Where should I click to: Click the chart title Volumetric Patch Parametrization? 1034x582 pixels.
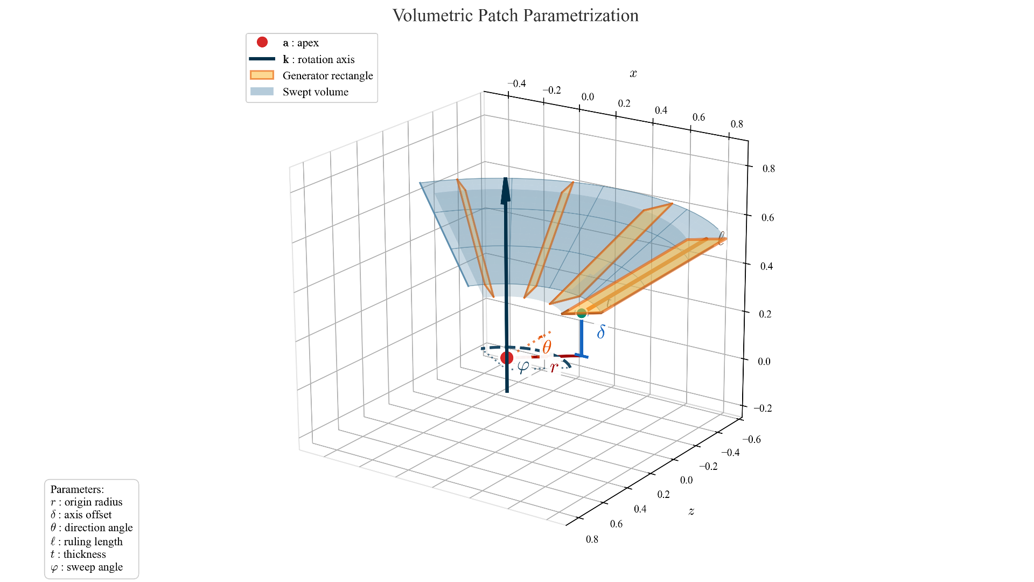coord(515,16)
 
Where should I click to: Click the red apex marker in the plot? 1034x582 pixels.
coord(507,358)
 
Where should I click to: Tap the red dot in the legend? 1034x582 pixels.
coord(262,42)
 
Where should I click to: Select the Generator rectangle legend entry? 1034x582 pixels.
coord(327,75)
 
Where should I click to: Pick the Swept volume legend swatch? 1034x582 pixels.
coord(262,92)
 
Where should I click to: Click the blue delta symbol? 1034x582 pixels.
coord(601,332)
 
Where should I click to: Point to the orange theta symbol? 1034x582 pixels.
coord(547,347)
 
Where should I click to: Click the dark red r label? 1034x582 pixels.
coord(554,369)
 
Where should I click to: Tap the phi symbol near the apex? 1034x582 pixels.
coord(523,366)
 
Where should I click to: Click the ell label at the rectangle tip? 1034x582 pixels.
coord(721,238)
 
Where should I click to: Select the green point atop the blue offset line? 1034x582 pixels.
coord(582,313)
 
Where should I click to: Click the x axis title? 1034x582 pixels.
coord(633,74)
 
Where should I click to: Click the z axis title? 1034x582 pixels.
coord(691,511)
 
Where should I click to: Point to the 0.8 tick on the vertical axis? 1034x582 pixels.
coord(768,169)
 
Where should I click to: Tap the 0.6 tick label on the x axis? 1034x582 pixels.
coord(698,117)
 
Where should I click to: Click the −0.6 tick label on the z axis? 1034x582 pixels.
coord(751,439)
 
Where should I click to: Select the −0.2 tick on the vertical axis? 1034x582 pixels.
coord(763,408)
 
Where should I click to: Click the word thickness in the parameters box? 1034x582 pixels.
coord(85,554)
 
